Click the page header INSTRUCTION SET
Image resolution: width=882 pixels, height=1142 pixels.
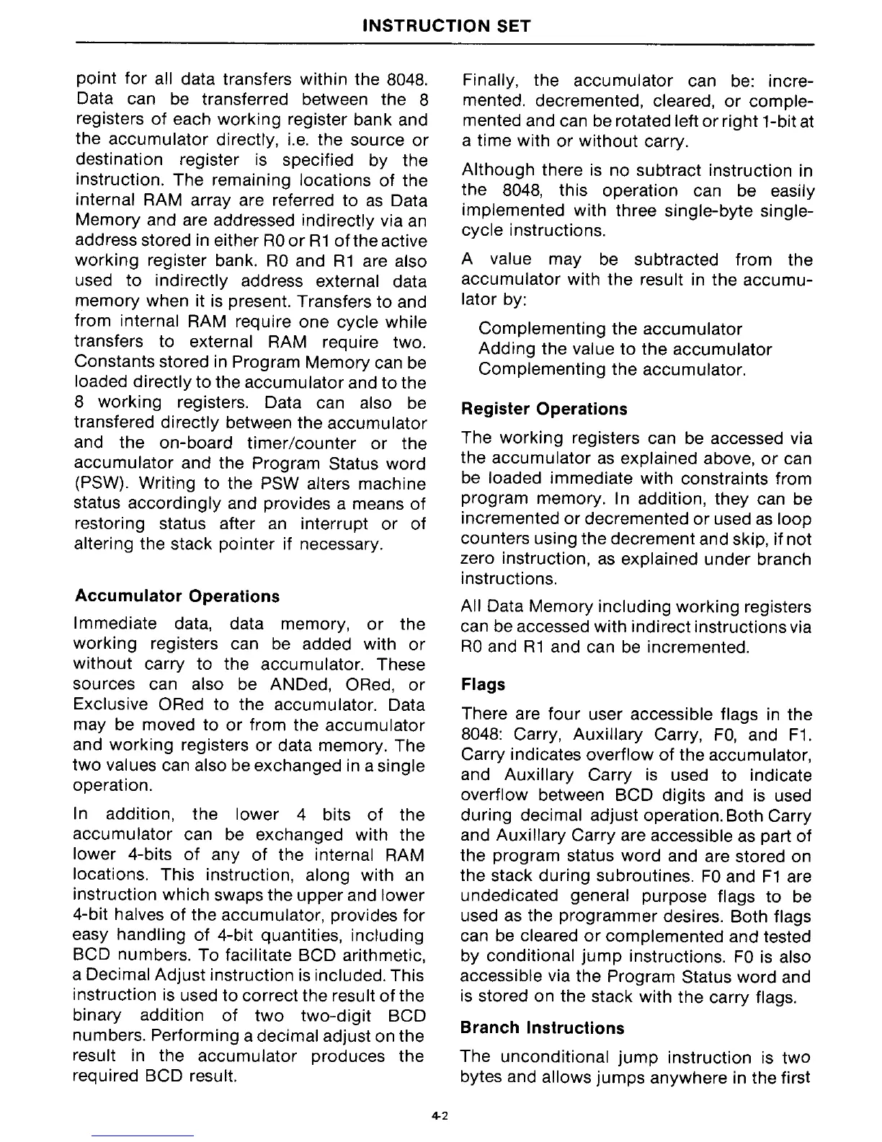[x=446, y=27]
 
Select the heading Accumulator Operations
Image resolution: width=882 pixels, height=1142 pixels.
[x=177, y=596]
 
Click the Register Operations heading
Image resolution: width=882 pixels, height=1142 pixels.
[x=544, y=409]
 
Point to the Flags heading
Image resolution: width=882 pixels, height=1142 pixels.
[x=483, y=684]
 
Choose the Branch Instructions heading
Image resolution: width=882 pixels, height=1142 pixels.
[x=543, y=1027]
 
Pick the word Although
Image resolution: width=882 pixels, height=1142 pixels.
[x=498, y=171]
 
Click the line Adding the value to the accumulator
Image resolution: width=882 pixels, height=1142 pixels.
[x=625, y=350]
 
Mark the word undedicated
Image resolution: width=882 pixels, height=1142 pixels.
[x=509, y=896]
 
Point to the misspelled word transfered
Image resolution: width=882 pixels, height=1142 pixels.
[x=111, y=422]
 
